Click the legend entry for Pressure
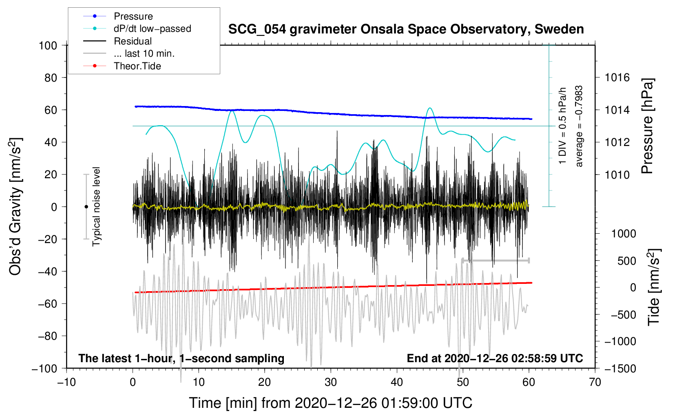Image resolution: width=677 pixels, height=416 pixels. point(133,16)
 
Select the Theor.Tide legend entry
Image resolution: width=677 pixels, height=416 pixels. point(137,66)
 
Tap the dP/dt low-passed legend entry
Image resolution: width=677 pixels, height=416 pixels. point(152,29)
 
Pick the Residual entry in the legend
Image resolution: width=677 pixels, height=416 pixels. point(133,41)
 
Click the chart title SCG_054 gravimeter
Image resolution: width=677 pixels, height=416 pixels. point(406,29)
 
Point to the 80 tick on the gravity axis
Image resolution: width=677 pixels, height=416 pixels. point(51,77)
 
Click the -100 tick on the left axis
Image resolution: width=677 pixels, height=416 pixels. point(45,368)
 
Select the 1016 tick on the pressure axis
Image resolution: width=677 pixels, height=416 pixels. point(617,77)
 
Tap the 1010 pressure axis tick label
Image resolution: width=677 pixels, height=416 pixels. point(617,175)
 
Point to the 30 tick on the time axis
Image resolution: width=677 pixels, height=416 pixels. point(331,382)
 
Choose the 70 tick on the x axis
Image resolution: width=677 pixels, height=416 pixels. point(595,382)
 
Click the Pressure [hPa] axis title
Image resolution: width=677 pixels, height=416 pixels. point(647,126)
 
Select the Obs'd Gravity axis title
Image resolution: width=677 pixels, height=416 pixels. point(15,207)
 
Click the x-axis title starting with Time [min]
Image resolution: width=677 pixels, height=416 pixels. point(331,403)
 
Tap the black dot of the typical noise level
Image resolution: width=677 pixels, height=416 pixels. point(86,207)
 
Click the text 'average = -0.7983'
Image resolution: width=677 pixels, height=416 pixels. point(579,126)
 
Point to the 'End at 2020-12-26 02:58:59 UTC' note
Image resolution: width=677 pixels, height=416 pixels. point(495,358)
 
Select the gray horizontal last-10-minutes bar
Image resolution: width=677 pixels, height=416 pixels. point(495,260)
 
